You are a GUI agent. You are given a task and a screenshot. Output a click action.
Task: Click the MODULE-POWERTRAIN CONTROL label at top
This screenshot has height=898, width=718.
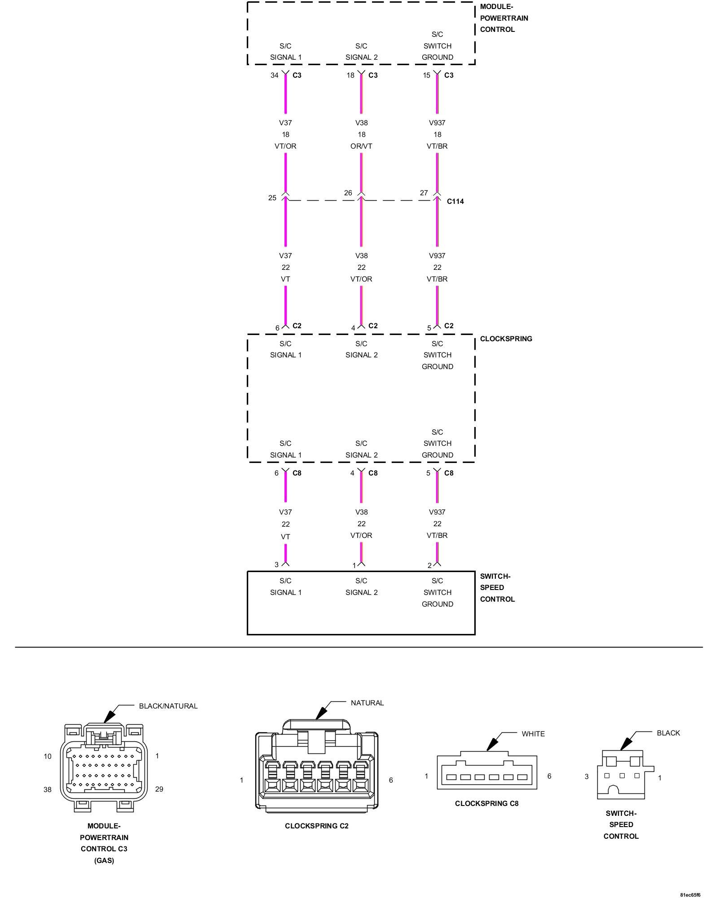click(503, 18)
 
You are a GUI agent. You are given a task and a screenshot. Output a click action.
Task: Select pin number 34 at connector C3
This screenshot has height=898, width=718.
click(274, 75)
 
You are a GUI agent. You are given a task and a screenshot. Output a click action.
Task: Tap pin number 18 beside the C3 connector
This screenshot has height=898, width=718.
click(350, 75)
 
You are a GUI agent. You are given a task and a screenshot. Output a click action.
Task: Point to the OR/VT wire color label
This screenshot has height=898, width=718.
click(361, 146)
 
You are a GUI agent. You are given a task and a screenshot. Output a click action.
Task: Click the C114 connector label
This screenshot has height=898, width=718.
click(455, 201)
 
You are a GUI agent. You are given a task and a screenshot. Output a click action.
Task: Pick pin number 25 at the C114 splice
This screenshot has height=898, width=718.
click(272, 198)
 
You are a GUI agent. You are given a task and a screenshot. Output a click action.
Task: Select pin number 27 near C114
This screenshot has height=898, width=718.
click(424, 193)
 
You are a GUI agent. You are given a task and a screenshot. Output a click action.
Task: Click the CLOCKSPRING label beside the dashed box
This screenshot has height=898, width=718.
click(506, 339)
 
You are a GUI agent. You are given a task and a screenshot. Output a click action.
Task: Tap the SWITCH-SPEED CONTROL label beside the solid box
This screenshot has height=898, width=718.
click(497, 587)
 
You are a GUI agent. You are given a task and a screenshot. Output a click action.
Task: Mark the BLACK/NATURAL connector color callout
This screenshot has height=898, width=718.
click(168, 706)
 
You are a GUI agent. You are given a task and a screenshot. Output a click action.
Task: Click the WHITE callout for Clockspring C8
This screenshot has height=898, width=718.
click(533, 734)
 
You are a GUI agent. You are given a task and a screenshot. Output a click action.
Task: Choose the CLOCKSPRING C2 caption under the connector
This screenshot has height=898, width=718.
click(316, 826)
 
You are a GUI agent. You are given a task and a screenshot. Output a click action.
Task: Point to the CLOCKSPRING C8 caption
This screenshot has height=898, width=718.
click(486, 803)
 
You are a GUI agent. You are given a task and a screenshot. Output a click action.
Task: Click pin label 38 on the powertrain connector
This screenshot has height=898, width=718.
click(48, 789)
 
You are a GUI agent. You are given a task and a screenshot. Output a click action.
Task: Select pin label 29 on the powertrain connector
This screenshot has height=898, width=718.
click(159, 789)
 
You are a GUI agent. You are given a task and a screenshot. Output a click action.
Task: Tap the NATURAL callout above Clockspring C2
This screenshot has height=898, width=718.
click(367, 703)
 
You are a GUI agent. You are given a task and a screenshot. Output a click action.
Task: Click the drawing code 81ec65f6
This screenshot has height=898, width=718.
click(690, 894)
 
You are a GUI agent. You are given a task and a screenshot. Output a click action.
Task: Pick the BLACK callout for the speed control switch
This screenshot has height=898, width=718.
click(668, 733)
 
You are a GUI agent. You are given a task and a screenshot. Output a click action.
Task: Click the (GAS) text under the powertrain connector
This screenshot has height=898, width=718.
click(104, 860)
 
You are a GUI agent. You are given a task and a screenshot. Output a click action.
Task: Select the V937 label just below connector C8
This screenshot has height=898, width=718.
click(437, 512)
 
